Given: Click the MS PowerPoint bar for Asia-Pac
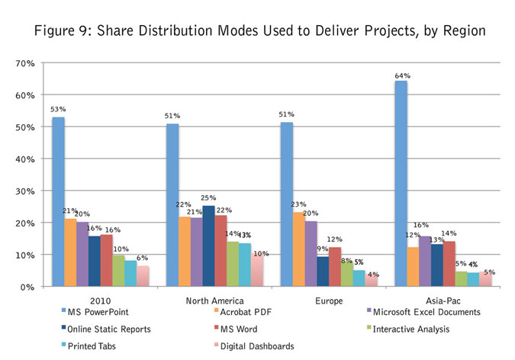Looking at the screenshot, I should coord(401,183).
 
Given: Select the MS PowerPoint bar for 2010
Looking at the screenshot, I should coord(58,201).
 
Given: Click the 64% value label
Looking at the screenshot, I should coord(402,76).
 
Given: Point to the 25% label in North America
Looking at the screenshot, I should coord(208,199).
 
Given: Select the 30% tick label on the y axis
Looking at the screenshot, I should coord(26,191).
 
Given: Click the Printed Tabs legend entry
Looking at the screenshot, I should coord(89,346).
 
